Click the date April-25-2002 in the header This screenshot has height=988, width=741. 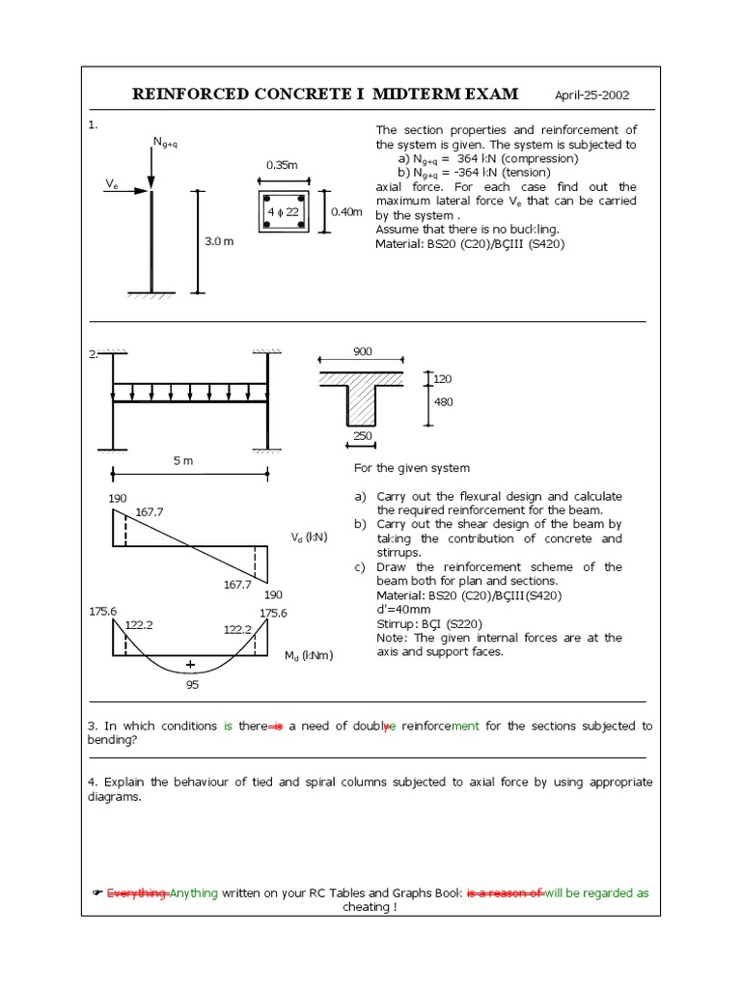591,96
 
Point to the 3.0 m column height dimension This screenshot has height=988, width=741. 219,241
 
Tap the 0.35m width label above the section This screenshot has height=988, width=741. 282,165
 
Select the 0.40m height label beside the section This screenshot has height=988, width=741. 346,211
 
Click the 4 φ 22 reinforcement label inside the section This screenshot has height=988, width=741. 283,211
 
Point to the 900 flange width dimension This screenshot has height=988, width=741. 362,353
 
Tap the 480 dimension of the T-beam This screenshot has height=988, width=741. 443,402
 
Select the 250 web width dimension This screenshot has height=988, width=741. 362,436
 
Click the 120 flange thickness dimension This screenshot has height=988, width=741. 443,379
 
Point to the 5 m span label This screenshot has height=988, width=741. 183,461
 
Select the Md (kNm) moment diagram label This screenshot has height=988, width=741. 307,656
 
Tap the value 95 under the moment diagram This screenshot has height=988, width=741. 193,685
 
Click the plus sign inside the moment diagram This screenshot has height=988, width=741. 190,665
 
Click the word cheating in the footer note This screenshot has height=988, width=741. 366,908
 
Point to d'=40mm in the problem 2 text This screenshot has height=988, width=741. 405,610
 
